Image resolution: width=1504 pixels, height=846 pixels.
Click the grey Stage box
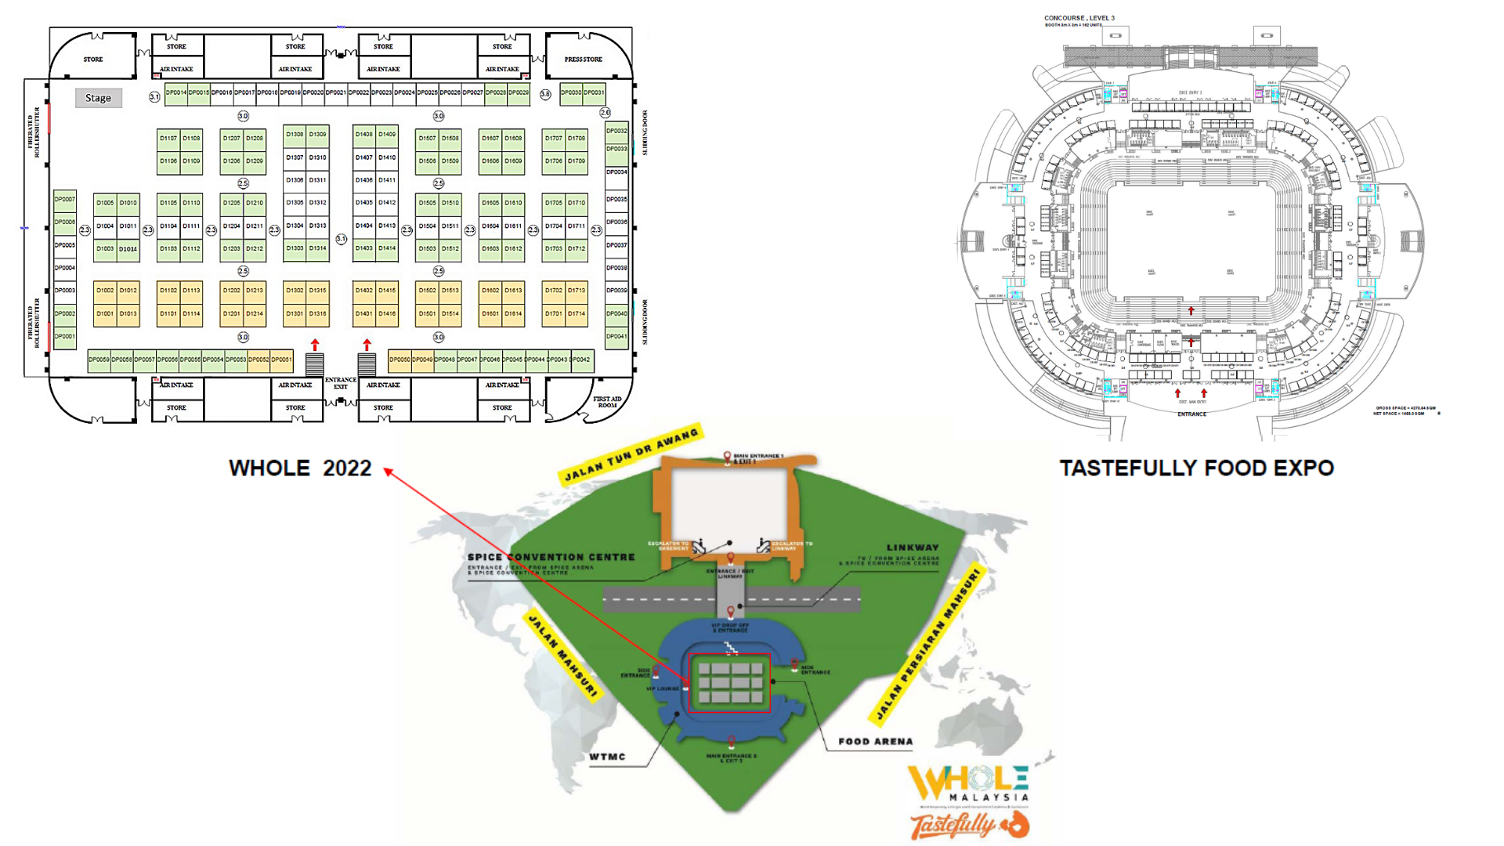tap(99, 98)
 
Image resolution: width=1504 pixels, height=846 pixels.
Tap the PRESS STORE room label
tap(584, 60)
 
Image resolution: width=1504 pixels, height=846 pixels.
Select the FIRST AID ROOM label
tap(607, 402)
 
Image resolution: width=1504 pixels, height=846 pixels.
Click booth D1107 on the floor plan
tap(168, 139)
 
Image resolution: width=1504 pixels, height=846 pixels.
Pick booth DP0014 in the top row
tap(176, 92)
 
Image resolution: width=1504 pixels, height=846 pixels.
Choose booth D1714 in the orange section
tap(577, 313)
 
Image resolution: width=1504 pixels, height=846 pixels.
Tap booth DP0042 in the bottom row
tap(580, 360)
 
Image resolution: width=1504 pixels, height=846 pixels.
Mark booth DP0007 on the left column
tap(65, 200)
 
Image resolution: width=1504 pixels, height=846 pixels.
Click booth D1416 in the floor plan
tap(387, 313)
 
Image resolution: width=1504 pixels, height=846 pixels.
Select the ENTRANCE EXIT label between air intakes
tap(341, 383)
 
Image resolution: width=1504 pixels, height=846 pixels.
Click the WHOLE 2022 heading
tap(300, 468)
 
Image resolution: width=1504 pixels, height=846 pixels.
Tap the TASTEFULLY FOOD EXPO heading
tap(1196, 468)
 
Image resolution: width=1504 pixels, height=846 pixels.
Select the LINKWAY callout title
tap(913, 548)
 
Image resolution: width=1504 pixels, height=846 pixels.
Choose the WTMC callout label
tap(607, 757)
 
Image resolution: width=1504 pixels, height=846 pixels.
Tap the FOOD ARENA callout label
tap(875, 741)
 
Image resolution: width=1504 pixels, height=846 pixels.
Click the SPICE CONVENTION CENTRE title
tap(551, 557)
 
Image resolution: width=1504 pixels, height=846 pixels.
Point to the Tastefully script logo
tap(953, 826)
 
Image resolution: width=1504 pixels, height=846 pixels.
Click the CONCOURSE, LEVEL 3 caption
tap(1079, 18)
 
